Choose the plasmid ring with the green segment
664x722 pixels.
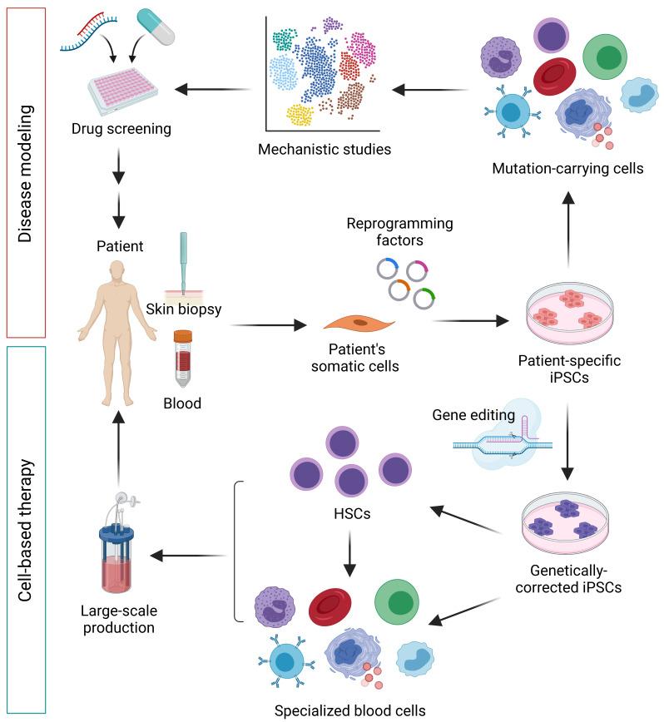click(x=427, y=298)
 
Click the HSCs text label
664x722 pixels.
click(x=349, y=515)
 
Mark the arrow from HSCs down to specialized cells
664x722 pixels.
click(x=349, y=556)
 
